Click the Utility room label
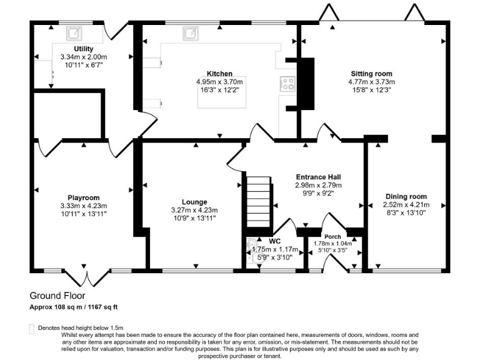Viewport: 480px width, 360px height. (x=84, y=49)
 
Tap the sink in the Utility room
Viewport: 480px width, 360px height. (x=74, y=33)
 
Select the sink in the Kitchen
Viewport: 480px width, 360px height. (x=191, y=33)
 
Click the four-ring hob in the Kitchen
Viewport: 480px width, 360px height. (x=287, y=84)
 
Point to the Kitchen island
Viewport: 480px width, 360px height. (x=222, y=92)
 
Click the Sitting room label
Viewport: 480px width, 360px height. (x=371, y=74)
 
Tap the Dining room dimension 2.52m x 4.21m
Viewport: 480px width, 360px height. (x=406, y=204)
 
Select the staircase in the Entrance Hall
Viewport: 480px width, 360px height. (x=259, y=202)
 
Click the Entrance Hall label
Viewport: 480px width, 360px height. (x=318, y=177)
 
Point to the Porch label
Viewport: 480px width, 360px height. (x=332, y=237)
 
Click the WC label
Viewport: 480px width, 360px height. (x=274, y=241)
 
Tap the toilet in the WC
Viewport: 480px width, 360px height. (x=252, y=251)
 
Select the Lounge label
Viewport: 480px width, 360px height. (x=194, y=202)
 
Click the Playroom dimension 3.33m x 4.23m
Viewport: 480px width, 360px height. (x=84, y=206)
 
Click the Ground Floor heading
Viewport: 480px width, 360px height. (x=57, y=296)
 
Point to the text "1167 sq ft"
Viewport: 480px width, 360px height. (x=103, y=307)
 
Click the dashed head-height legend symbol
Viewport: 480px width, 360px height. (x=31, y=329)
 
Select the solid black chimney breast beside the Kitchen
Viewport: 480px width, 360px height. (x=305, y=84)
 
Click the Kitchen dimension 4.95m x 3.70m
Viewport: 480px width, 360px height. (x=219, y=82)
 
